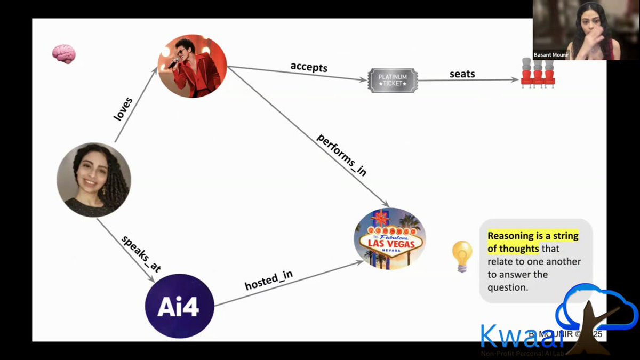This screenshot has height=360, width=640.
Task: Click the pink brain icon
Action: [x=63, y=54]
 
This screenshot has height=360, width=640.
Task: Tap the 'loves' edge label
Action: [x=123, y=108]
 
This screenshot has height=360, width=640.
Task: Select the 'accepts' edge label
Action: [x=308, y=67]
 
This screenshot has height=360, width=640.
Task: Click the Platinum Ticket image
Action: [x=393, y=81]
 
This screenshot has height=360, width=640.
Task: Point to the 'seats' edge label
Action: [x=462, y=74]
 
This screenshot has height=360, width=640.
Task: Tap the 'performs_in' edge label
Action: [x=342, y=154]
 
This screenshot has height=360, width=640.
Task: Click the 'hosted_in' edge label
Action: [x=268, y=281]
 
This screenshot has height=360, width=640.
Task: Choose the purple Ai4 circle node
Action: [x=179, y=306]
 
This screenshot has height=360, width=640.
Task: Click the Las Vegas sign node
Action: [x=390, y=238]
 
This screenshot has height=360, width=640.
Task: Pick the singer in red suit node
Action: [x=192, y=66]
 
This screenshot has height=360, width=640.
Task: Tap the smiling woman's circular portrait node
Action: [x=94, y=180]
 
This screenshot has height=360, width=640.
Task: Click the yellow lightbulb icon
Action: [x=462, y=255]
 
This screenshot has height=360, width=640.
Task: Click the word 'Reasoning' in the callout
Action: [x=513, y=236]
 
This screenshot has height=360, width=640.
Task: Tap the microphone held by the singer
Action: [x=173, y=63]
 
